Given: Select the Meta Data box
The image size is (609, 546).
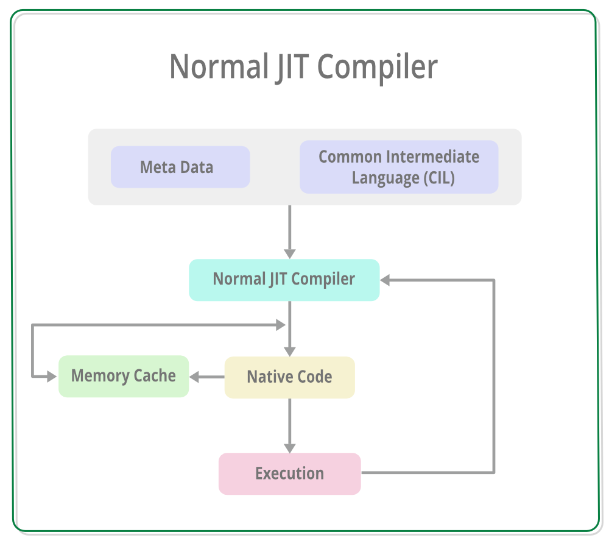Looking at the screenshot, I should [180, 167].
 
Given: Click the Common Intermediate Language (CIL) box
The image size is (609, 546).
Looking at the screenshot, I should [399, 167].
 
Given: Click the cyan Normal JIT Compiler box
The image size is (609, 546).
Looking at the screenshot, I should [284, 280].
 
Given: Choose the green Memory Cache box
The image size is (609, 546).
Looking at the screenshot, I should [124, 376].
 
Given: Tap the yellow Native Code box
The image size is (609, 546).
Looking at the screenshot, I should [289, 377].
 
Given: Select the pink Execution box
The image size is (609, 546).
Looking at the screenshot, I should [289, 473].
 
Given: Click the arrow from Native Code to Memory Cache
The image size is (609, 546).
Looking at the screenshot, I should [207, 377].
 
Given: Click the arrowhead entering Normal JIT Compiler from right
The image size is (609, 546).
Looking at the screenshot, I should [385, 280].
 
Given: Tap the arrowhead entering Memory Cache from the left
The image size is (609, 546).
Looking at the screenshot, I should [52, 377].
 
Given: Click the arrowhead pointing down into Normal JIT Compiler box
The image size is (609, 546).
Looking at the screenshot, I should [289, 253].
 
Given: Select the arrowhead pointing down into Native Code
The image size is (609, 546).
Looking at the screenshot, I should [289, 351].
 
